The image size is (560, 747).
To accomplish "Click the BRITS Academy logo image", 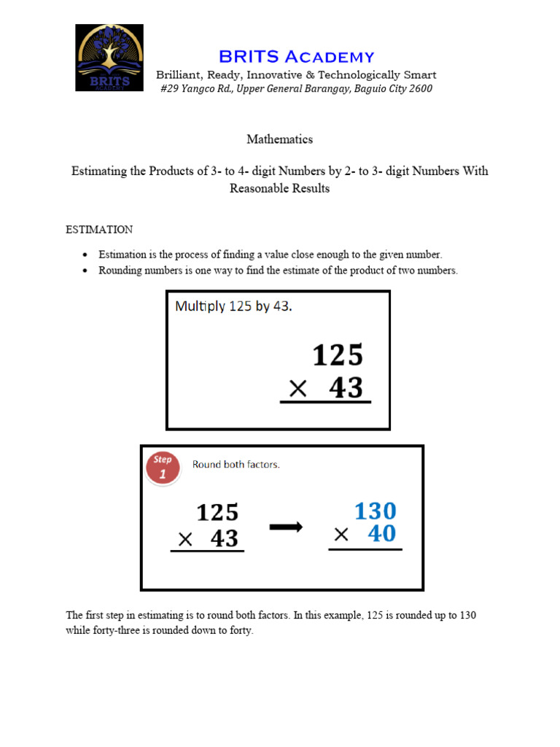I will pyautogui.click(x=109, y=58).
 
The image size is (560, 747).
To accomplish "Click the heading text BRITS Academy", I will pyautogui.click(x=297, y=57).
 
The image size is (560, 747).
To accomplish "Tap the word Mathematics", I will pyautogui.click(x=279, y=139).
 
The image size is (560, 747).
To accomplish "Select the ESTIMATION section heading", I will pyautogui.click(x=99, y=230).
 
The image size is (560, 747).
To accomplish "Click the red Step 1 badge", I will pyautogui.click(x=163, y=467).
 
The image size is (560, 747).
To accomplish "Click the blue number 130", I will pyautogui.click(x=376, y=511).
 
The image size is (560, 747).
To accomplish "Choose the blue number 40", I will pyautogui.click(x=382, y=534).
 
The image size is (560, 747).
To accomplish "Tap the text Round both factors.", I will pyautogui.click(x=236, y=465).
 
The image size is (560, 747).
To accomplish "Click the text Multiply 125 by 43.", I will pyautogui.click(x=233, y=306).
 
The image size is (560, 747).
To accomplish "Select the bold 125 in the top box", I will pyautogui.click(x=338, y=356).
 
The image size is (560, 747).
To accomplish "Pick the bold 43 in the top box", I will pyautogui.click(x=346, y=387).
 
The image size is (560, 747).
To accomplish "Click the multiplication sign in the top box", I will pyautogui.click(x=297, y=390).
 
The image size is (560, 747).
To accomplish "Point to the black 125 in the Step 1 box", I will pyautogui.click(x=217, y=513).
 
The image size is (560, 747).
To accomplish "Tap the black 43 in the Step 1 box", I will pyautogui.click(x=225, y=538).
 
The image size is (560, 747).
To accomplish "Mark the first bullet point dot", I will pyautogui.click(x=85, y=255).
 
